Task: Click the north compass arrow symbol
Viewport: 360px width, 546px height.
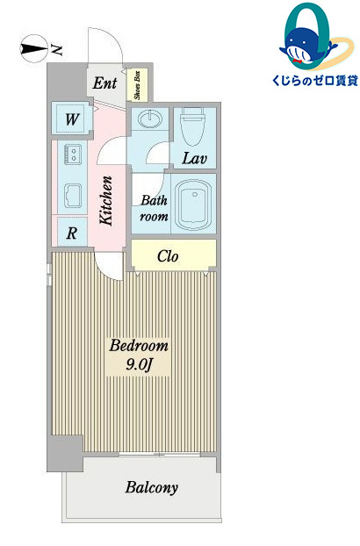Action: (34, 49)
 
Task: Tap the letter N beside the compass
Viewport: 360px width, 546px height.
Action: (57, 50)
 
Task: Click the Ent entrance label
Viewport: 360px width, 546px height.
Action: (104, 83)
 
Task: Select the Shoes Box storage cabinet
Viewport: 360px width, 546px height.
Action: (138, 85)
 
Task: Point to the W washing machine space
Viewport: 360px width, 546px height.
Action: (72, 119)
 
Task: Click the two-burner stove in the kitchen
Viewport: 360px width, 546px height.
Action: (73, 154)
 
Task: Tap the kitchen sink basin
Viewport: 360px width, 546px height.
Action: (73, 196)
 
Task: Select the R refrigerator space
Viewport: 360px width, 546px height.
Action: (72, 232)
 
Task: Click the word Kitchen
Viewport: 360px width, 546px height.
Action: (106, 201)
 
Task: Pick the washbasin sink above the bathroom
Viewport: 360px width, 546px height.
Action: (150, 119)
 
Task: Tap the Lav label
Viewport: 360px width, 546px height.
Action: (195, 158)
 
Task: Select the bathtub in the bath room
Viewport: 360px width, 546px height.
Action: (193, 205)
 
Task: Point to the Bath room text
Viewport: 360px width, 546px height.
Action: (154, 208)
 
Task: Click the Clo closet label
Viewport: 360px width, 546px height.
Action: (168, 256)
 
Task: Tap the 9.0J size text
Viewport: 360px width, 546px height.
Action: (139, 364)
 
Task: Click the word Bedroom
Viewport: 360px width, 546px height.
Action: (139, 346)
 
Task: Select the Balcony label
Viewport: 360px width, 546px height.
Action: (151, 487)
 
